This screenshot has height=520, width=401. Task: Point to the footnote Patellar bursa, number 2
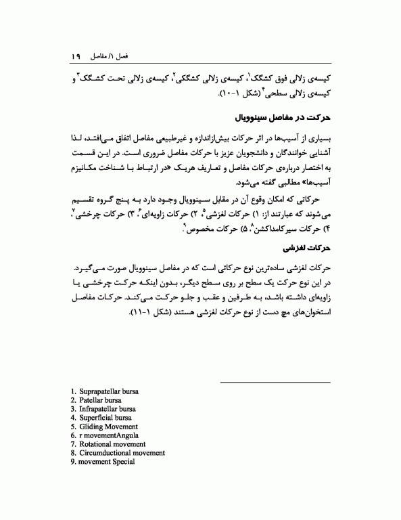98,400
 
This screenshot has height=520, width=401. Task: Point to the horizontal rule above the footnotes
276,382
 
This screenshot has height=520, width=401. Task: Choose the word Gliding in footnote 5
93,427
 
